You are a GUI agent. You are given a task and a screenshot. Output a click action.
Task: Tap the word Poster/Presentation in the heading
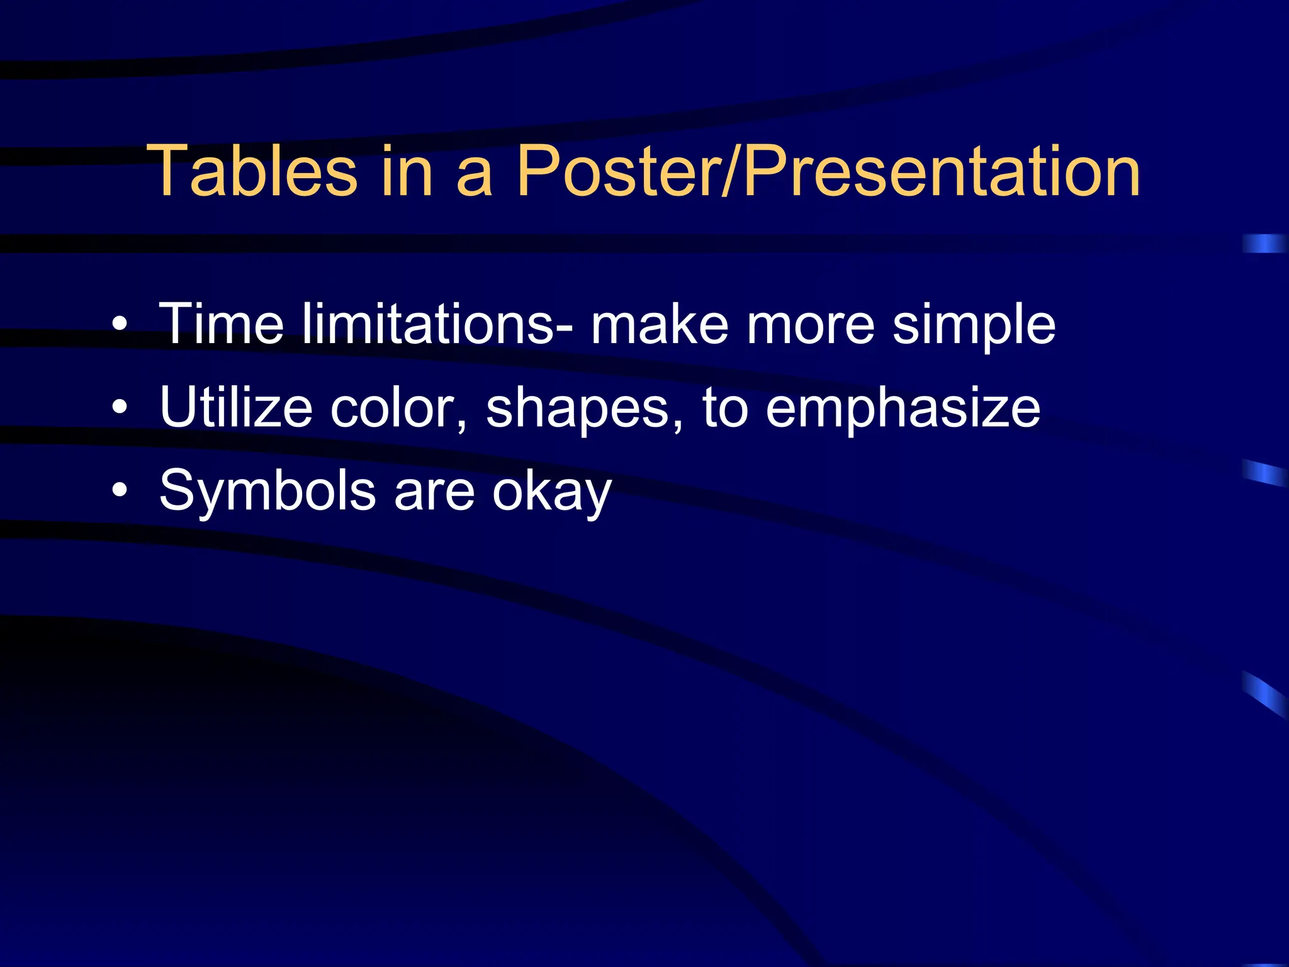point(828,171)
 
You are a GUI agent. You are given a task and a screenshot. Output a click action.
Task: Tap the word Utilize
point(236,407)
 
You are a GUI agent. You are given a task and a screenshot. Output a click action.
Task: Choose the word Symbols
point(267,490)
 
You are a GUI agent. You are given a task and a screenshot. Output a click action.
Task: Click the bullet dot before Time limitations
point(120,325)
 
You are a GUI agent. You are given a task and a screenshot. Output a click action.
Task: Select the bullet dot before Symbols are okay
point(120,491)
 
